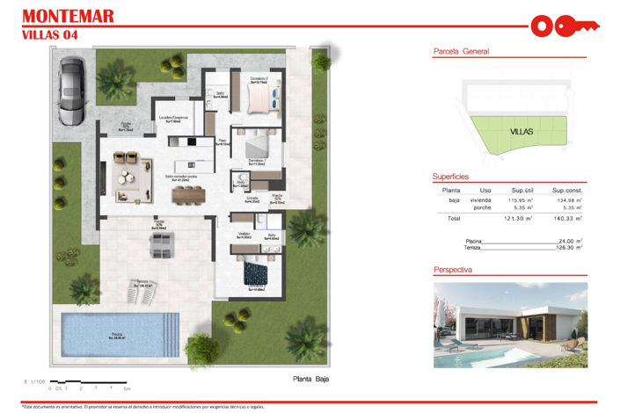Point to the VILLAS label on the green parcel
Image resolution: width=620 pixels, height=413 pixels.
[x=521, y=132]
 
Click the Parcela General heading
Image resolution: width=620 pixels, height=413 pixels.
[x=461, y=52]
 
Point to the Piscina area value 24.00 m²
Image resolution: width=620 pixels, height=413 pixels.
[x=572, y=240]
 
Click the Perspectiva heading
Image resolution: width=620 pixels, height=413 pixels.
[x=453, y=270]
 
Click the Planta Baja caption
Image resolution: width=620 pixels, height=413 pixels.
[x=311, y=379]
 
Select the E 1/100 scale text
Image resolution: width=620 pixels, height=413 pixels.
[x=36, y=380]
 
